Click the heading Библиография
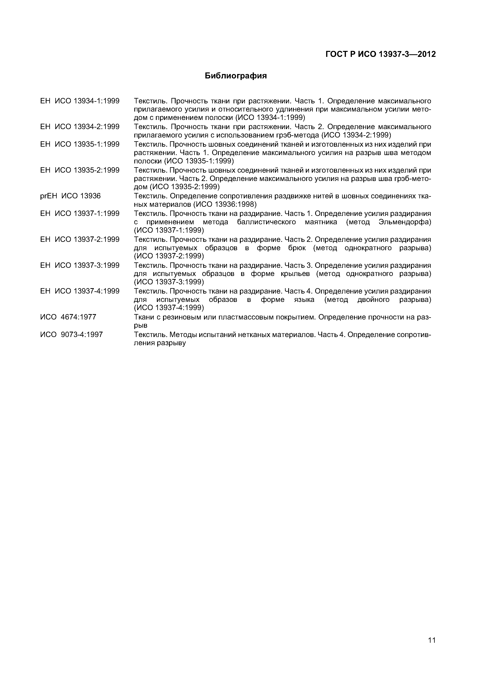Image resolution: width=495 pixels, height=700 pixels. [236, 76]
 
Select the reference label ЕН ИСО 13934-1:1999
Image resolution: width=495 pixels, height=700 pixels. [80, 101]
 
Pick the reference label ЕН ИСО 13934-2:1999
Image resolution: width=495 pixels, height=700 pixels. [80, 127]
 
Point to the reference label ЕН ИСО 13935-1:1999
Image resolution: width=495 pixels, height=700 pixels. [80, 144]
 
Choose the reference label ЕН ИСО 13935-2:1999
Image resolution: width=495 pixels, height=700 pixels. [80, 170]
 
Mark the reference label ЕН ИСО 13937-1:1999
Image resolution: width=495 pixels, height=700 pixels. [80, 214]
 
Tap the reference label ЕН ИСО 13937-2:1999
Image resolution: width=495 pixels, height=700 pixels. [80, 239]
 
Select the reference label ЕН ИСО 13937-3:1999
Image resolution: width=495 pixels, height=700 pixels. [80, 265]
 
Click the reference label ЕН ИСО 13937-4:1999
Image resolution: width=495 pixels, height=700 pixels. [80, 291]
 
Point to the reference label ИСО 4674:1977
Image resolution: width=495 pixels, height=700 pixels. [68, 317]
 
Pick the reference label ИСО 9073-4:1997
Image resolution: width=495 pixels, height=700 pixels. [72, 334]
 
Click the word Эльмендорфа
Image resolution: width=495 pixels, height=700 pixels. [404, 222]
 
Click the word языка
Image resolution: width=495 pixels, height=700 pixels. [304, 300]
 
